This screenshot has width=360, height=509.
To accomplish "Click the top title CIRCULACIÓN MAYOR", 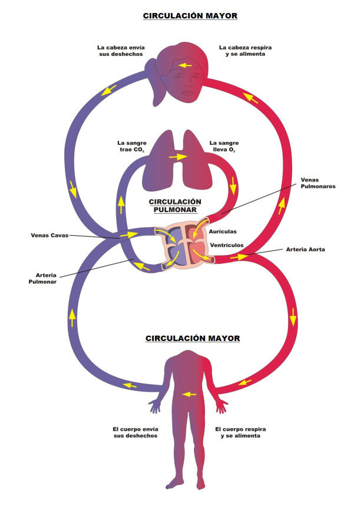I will click(x=190, y=16).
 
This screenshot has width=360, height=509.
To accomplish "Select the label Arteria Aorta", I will click(x=305, y=249).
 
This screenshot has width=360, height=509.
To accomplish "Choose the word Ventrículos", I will click(x=226, y=244).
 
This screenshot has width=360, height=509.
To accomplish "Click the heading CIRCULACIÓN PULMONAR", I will click(x=175, y=205).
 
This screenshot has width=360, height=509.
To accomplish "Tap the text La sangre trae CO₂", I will click(x=131, y=147).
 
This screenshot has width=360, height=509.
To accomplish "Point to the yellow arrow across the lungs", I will click(x=177, y=157).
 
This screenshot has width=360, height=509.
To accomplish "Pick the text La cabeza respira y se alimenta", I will click(x=242, y=51).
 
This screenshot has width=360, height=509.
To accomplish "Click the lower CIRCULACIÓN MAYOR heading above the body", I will click(x=193, y=339).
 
